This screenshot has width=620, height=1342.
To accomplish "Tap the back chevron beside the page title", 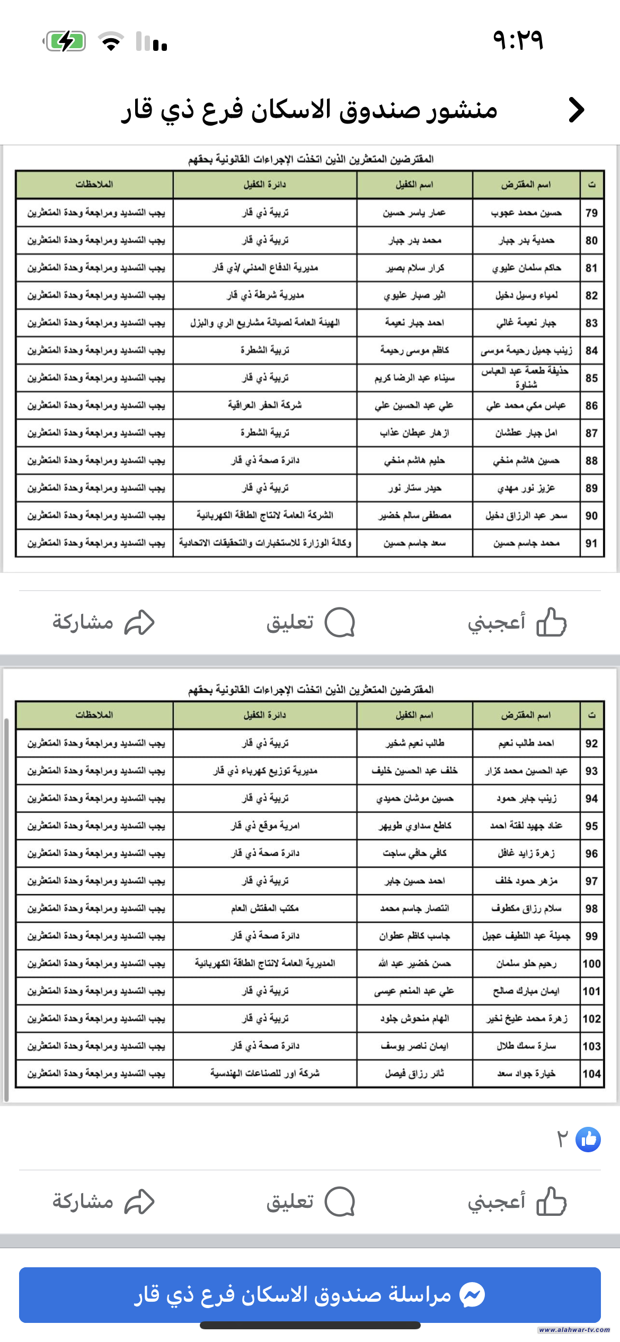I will pyautogui.click(x=576, y=110).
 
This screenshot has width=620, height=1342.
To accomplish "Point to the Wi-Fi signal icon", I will pyautogui.click(x=111, y=41).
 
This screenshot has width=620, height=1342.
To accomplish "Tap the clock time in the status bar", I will pyautogui.click(x=518, y=40).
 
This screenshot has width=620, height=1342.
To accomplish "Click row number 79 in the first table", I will pyautogui.click(x=591, y=213).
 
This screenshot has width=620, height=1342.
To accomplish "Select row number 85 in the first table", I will pyautogui.click(x=591, y=378).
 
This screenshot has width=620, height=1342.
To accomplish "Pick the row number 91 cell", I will pyautogui.click(x=591, y=543).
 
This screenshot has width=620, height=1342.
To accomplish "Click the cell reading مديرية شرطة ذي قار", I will pyautogui.click(x=265, y=295).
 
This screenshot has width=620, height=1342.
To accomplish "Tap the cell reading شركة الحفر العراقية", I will pyautogui.click(x=265, y=405).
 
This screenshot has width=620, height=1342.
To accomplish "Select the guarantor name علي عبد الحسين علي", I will pyautogui.click(x=414, y=405).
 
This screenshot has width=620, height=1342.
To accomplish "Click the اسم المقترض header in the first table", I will pyautogui.click(x=526, y=185).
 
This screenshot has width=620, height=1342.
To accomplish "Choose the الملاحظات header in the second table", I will pyautogui.click(x=94, y=715).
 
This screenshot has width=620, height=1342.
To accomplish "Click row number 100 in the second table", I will pyautogui.click(x=591, y=964).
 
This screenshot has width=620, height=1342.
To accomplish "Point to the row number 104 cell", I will pyautogui.click(x=591, y=1074).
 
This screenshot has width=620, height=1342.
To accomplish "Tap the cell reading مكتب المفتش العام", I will pyautogui.click(x=265, y=908).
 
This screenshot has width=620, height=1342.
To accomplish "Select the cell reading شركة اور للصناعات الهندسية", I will pyautogui.click(x=265, y=1073).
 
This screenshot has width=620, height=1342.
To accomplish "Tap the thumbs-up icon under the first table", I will pyautogui.click(x=552, y=622).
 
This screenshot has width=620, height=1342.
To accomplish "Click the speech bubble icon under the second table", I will pyautogui.click(x=339, y=1201).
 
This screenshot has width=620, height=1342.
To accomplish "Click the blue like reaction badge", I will pyautogui.click(x=588, y=1139).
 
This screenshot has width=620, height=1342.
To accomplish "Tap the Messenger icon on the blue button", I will pyautogui.click(x=472, y=1295).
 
